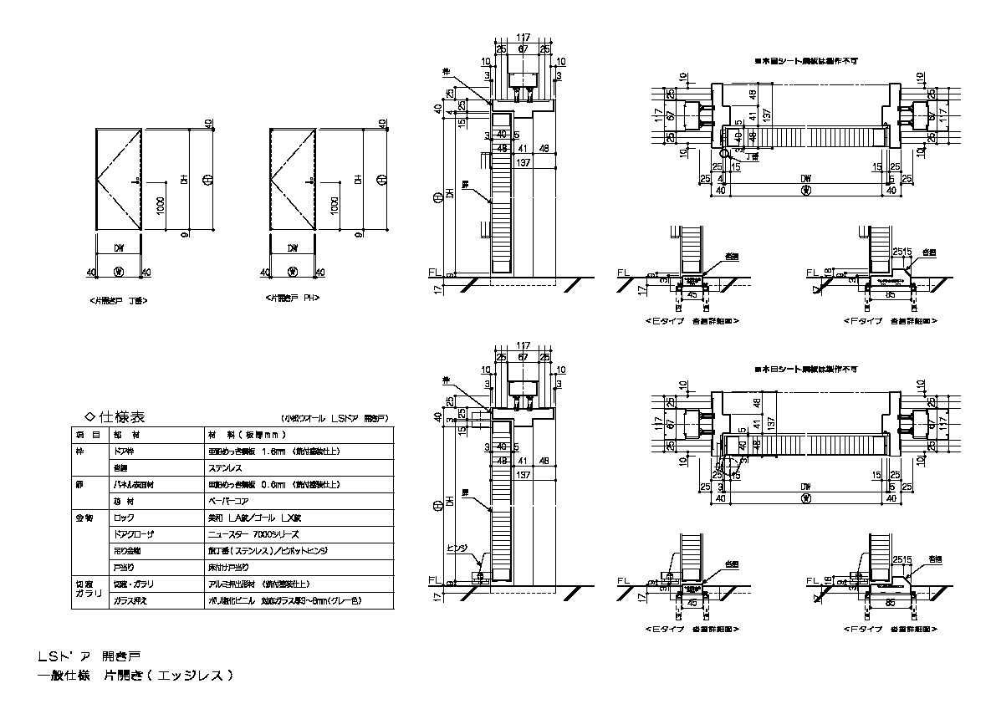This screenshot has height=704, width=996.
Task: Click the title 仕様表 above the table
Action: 122,416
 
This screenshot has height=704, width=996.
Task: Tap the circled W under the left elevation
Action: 118,271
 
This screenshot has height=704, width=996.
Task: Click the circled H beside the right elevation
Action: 382,179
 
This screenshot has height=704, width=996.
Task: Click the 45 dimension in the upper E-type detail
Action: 691,294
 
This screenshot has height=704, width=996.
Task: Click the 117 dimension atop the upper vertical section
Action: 524,38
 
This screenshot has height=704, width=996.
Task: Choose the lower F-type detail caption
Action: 888,627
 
